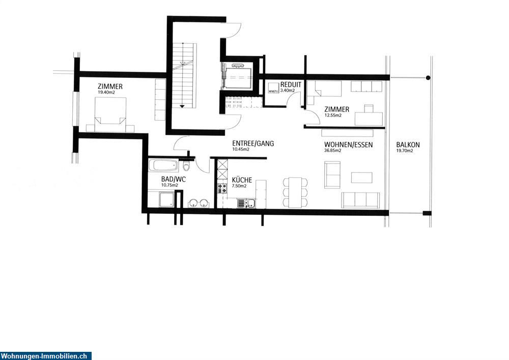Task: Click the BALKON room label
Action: (408, 145)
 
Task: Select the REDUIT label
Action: (291, 85)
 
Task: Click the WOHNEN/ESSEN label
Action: (348, 145)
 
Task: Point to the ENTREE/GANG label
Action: (252, 144)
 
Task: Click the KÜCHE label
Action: (241, 180)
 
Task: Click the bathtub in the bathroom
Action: (163, 165)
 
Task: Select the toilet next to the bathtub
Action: (186, 167)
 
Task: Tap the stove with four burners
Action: (222, 188)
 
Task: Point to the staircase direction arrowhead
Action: (182, 106)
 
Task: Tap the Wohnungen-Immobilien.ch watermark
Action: (46, 356)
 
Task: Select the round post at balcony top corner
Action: (428, 78)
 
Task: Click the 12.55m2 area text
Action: (333, 116)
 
